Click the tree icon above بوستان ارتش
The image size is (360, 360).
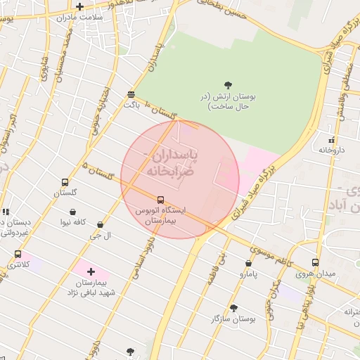pyautogui.click(x=229, y=85)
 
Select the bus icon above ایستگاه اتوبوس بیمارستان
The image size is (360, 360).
pyautogui.click(x=161, y=200)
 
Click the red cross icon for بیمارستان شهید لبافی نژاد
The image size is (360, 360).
pyautogui.click(x=91, y=271)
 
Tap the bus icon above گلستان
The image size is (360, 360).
pyautogui.click(x=65, y=181)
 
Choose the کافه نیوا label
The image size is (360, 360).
pyautogui.click(x=72, y=221)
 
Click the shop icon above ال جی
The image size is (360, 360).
pyautogui.click(x=100, y=225)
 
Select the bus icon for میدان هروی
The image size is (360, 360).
pyautogui.click(x=316, y=262)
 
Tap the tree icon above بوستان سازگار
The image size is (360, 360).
pyautogui.click(x=233, y=307)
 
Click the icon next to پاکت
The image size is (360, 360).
pyautogui.click(x=131, y=94)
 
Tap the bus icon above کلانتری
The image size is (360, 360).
pyautogui.click(x=18, y=254)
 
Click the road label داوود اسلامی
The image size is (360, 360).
pyautogui.click(x=141, y=253)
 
